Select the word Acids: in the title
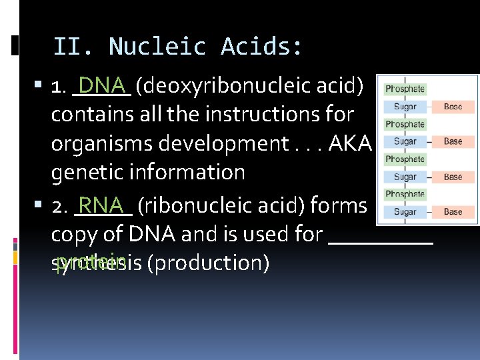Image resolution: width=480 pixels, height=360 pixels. click(x=262, y=47)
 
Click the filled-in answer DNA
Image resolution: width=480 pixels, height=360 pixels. click(x=102, y=85)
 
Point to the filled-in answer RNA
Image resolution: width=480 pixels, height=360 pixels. click(x=101, y=203)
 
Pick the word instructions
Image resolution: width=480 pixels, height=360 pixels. click(x=257, y=114)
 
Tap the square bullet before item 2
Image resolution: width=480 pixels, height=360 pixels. click(x=41, y=206)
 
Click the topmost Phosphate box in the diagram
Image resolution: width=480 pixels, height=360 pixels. click(x=405, y=89)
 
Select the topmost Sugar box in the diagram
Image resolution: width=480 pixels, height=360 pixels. click(x=405, y=107)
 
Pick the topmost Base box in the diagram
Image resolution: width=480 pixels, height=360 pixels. click(x=453, y=107)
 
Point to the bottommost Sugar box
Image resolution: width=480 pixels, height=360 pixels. click(x=405, y=212)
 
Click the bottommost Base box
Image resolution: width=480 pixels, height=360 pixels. click(x=453, y=212)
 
